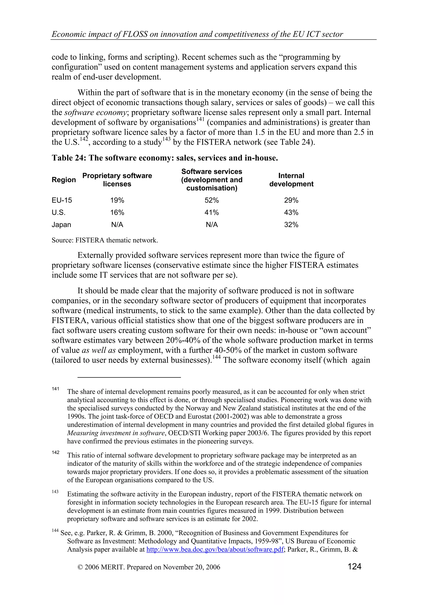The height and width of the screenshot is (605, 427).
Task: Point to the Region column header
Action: [x=64, y=180]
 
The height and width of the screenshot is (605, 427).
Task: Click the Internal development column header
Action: [x=291, y=180]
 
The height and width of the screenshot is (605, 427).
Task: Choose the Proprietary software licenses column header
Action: [x=117, y=180]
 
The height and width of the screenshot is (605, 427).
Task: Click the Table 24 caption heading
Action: [x=165, y=158]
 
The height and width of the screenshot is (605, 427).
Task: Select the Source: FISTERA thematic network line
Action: [x=105, y=240]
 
